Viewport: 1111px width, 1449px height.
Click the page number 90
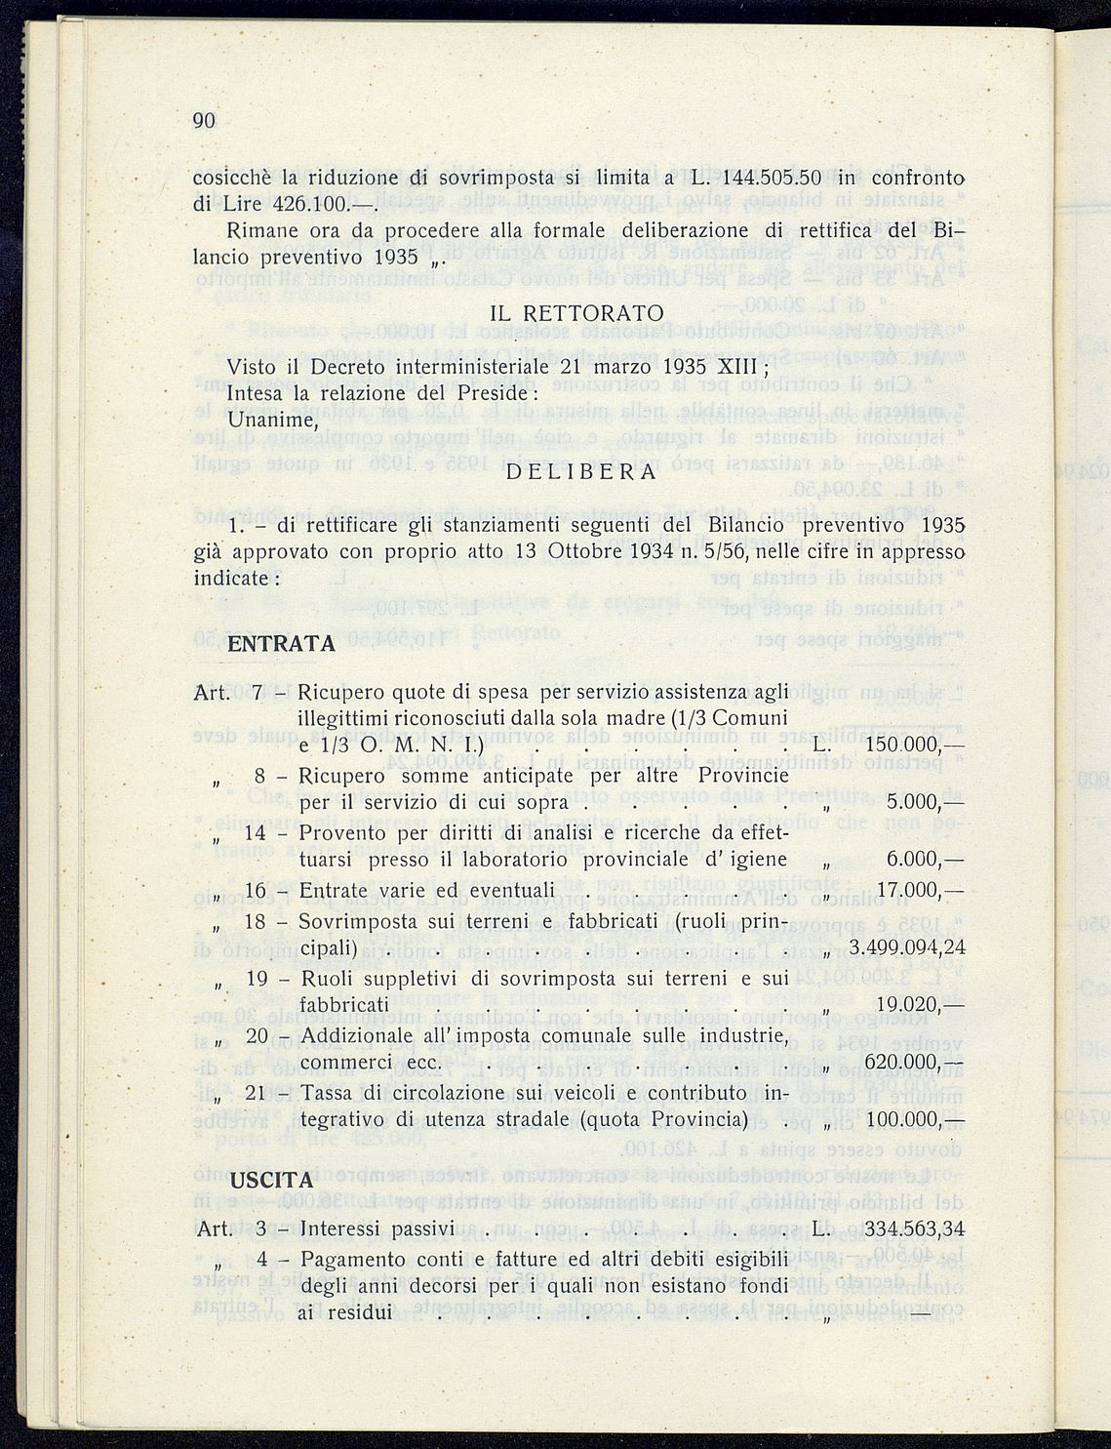click(x=203, y=121)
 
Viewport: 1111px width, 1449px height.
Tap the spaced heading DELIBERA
click(x=581, y=472)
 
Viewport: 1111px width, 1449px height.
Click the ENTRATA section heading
click(x=281, y=644)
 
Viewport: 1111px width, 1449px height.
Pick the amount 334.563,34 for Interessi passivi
click(x=906, y=1228)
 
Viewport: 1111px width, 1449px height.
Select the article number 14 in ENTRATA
click(x=256, y=832)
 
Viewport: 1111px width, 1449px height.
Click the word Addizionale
click(x=360, y=1034)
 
